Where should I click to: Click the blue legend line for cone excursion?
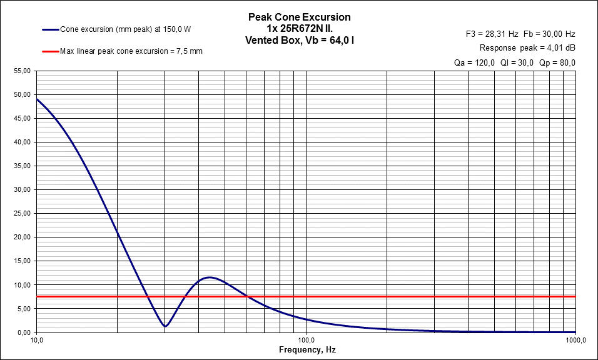coord(50,29)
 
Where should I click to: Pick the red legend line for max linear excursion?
coord(50,51)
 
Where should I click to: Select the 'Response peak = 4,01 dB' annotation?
coord(527,48)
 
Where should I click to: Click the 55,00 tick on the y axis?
coord(21,71)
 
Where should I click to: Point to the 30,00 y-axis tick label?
coord(21,190)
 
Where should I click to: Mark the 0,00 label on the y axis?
coord(23,332)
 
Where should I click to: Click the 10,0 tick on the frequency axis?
coord(36,341)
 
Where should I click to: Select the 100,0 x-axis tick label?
coord(305,341)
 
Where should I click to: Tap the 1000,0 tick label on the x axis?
coord(574,341)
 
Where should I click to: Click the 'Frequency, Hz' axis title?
coord(307,351)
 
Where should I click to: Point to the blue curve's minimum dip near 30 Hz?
coord(165,326)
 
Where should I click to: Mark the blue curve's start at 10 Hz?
coord(37,99)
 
